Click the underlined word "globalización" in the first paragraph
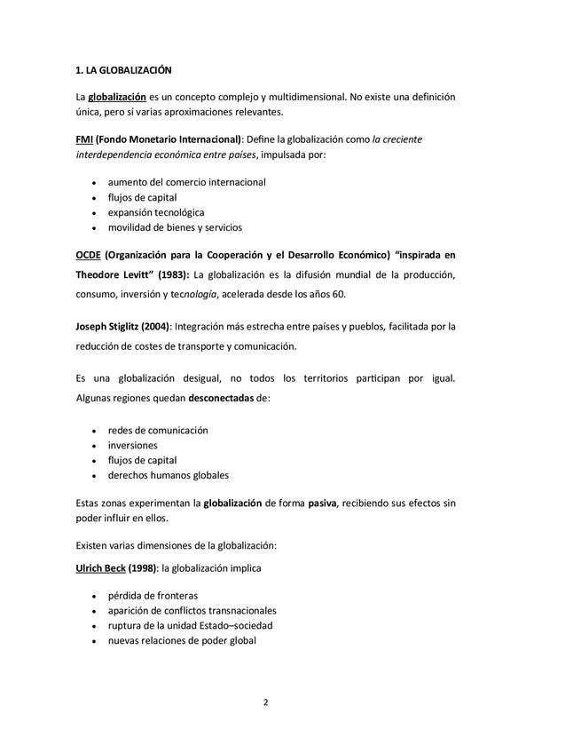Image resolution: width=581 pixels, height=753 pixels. pyautogui.click(x=117, y=96)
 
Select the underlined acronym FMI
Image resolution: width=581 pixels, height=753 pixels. pyautogui.click(x=84, y=139)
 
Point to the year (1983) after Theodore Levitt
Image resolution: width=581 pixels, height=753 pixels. pyautogui.click(x=173, y=273)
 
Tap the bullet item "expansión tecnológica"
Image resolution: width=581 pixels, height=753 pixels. pyautogui.click(x=156, y=212)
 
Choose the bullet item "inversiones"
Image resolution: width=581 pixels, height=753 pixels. pyautogui.click(x=132, y=445)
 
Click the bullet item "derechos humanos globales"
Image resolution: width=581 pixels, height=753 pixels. pyautogui.click(x=168, y=475)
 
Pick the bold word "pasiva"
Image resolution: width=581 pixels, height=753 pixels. pyautogui.click(x=321, y=503)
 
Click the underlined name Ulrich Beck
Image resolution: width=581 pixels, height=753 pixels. pyautogui.click(x=100, y=568)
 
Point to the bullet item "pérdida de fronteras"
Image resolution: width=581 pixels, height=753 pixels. pyautogui.click(x=153, y=595)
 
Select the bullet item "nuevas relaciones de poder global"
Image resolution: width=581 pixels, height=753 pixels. pyautogui.click(x=182, y=640)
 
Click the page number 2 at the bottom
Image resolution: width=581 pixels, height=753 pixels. pyautogui.click(x=265, y=702)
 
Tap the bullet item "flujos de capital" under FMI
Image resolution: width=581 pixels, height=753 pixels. pyautogui.click(x=142, y=197)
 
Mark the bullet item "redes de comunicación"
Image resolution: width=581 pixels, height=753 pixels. pyautogui.click(x=158, y=430)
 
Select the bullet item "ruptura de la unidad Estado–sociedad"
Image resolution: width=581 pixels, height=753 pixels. pyautogui.click(x=190, y=625)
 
